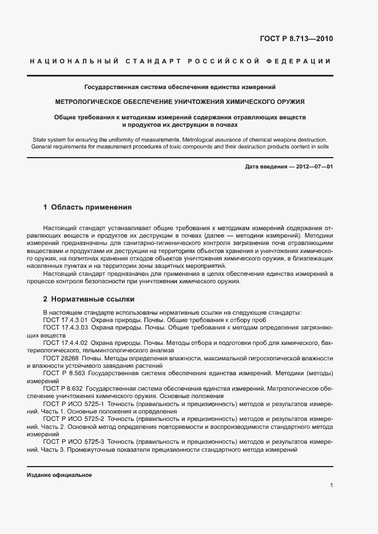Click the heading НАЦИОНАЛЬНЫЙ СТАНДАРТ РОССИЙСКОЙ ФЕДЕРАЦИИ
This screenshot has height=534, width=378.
click(180, 61)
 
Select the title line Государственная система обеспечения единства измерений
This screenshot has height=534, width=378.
click(180, 87)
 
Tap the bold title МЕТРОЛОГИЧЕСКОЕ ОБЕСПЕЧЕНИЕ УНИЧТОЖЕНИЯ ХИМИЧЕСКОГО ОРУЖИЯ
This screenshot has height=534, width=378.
click(180, 102)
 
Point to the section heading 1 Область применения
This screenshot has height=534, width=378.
click(87, 207)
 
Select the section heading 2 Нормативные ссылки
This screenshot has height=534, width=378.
click(89, 299)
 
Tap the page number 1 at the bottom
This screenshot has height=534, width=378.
click(332, 485)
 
